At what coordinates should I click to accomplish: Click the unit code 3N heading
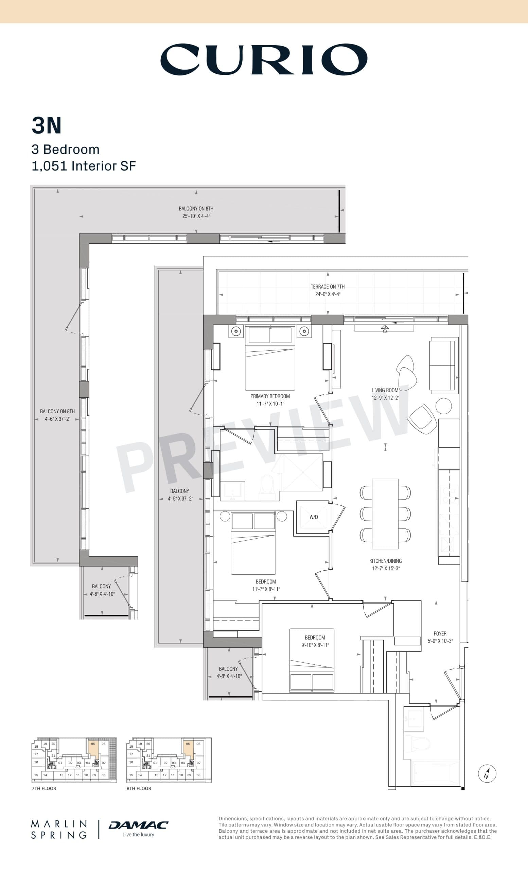coord(47,126)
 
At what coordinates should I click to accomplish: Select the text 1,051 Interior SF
coord(84,166)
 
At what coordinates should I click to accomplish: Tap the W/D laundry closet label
coord(313,517)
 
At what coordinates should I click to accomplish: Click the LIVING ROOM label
coord(385,390)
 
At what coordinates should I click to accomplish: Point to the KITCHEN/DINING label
coord(385,561)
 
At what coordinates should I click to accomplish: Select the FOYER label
coord(440,633)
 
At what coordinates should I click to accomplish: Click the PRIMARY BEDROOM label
coord(270,396)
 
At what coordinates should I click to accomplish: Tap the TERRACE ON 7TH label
coord(328,287)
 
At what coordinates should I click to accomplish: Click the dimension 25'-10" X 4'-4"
coord(196,216)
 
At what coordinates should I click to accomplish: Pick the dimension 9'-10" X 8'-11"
coord(315,645)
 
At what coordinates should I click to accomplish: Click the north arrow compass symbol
coord(487,773)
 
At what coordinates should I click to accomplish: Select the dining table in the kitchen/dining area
coord(385,514)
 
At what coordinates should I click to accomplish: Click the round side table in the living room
coord(444,406)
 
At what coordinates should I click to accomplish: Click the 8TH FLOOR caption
coord(139,788)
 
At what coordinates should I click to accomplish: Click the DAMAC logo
coord(138,825)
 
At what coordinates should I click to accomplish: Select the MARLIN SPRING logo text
coord(59,830)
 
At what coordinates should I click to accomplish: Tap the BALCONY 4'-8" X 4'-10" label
coord(228,672)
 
